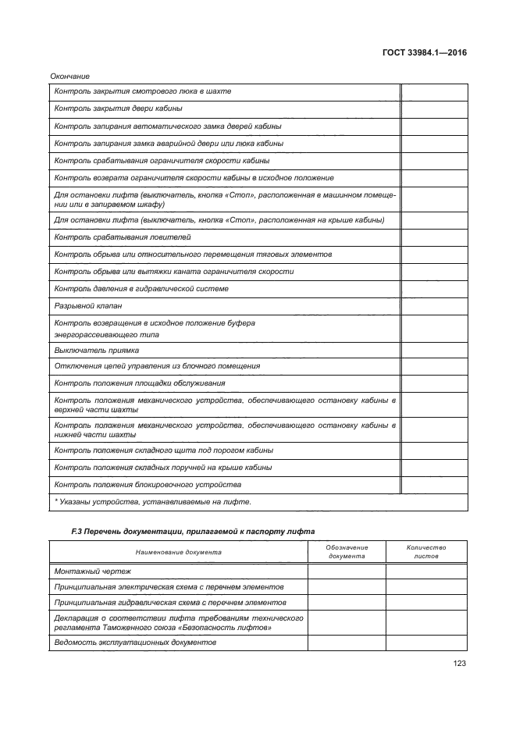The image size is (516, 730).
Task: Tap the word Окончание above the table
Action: (69, 76)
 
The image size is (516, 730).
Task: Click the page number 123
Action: (459, 664)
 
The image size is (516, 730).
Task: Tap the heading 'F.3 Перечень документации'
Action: (193, 532)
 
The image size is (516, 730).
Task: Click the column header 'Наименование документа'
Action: (178, 552)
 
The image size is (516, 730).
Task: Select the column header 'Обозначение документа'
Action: (347, 552)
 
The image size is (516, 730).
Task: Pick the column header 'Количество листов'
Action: (426, 552)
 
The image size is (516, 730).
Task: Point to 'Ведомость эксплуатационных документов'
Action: (135, 643)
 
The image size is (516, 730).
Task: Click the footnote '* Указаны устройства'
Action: (152, 502)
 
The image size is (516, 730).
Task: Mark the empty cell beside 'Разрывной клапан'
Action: (433, 305)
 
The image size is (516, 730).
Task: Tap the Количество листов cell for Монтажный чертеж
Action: (426, 572)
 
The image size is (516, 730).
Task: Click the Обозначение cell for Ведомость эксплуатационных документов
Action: (347, 643)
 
